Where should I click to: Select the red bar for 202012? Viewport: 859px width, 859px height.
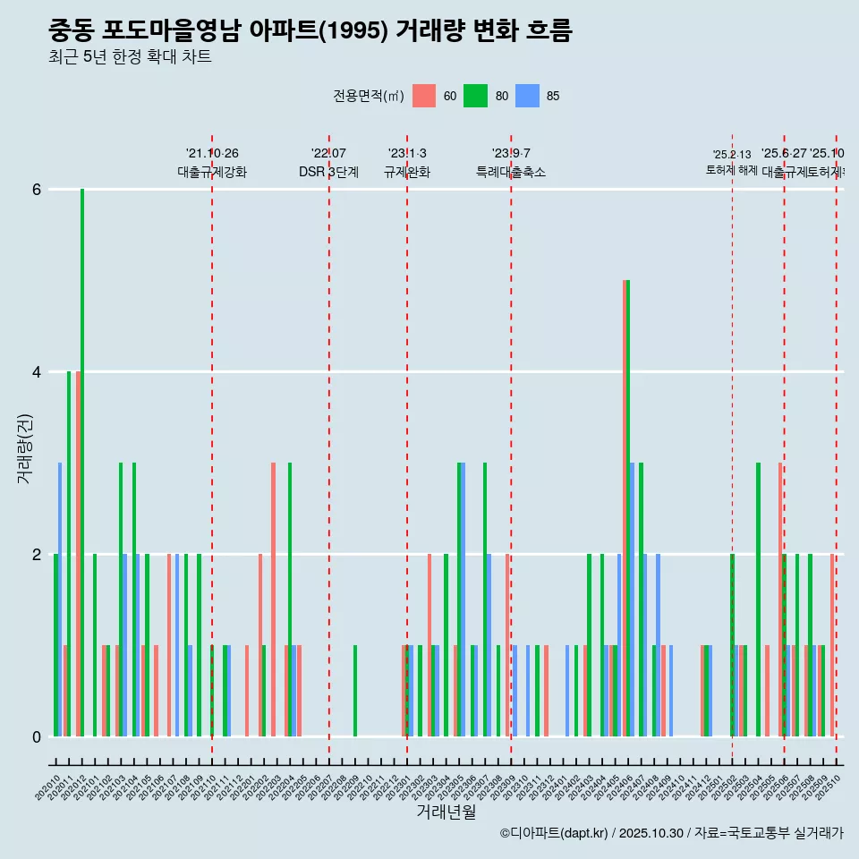[x=78, y=554]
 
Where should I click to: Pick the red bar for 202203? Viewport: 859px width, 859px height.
[x=273, y=600]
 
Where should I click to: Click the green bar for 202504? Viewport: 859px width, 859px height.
[x=758, y=600]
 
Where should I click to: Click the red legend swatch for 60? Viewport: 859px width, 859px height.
[x=423, y=96]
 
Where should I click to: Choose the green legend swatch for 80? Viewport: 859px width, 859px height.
[x=475, y=96]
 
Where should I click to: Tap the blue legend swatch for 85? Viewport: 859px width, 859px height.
[x=527, y=96]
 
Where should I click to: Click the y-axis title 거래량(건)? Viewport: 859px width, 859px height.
[x=24, y=447]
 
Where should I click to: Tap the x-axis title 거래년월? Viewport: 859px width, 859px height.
[x=446, y=812]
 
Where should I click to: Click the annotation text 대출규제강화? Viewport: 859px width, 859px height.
[x=212, y=172]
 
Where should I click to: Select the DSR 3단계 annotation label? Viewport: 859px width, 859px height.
[x=328, y=172]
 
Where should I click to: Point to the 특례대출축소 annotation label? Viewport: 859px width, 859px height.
[x=511, y=172]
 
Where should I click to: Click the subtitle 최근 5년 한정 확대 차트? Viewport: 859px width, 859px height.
[x=130, y=57]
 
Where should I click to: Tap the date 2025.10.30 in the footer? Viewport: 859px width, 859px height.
[x=652, y=833]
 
